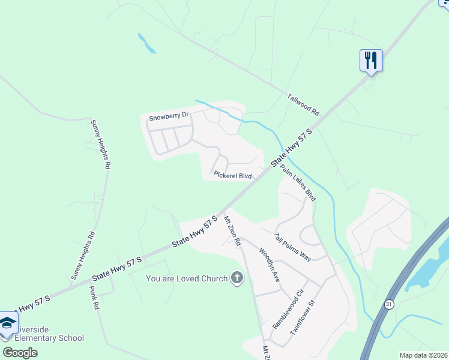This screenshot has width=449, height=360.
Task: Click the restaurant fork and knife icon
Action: (371, 61)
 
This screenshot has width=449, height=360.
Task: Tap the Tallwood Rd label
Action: (304, 104)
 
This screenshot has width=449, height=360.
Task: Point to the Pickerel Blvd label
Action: (232, 175)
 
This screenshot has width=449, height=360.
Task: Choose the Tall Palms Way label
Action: (293, 247)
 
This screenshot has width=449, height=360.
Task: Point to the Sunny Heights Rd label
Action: (101, 144)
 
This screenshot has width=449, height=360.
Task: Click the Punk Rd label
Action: (94, 297)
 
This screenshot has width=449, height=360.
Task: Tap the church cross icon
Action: (238, 278)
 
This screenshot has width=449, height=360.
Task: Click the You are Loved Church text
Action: (187, 278)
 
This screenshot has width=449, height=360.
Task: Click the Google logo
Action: (20, 352)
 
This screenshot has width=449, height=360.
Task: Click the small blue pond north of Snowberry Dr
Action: (146, 43)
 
